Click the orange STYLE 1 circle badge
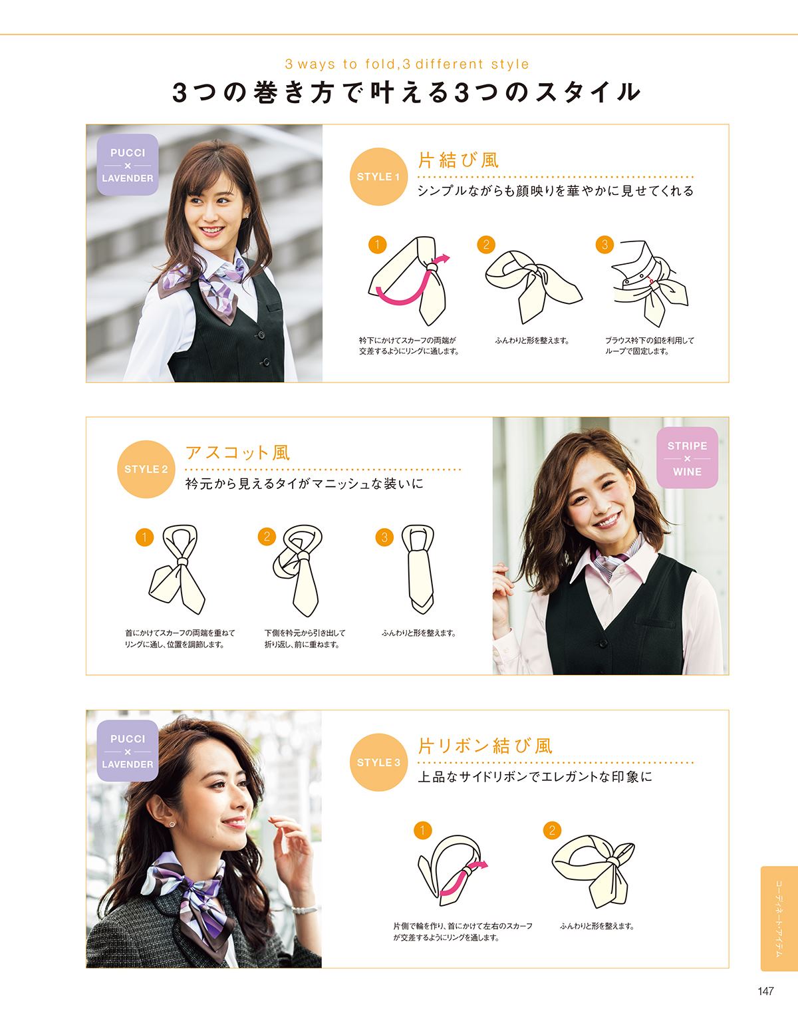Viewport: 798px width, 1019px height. click(378, 177)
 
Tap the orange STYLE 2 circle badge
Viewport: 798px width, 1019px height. click(146, 470)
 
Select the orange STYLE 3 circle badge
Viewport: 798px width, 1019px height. click(378, 763)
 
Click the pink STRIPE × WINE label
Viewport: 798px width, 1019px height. click(687, 458)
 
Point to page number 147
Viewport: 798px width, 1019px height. click(765, 991)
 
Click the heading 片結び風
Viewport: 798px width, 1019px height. click(458, 160)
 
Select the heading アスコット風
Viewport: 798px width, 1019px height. click(237, 453)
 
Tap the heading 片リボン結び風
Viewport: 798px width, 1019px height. click(485, 746)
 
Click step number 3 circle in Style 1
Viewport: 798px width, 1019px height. click(604, 245)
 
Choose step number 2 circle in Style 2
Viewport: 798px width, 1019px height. click(267, 537)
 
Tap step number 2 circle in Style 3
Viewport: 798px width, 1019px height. click(552, 831)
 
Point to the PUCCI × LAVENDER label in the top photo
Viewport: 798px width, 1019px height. click(128, 165)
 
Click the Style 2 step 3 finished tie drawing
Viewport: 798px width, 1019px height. click(418, 568)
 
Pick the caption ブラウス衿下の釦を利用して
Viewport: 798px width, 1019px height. click(649, 341)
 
